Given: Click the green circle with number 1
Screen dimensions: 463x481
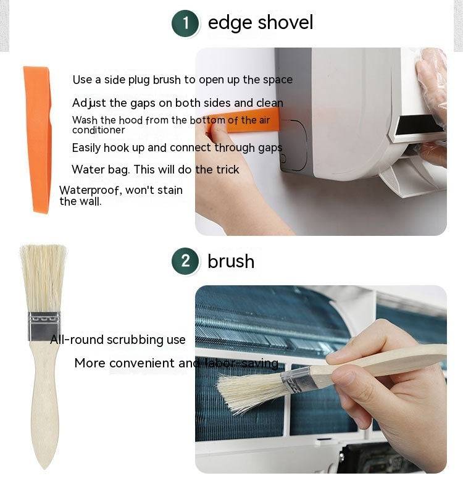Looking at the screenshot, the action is point(185,23).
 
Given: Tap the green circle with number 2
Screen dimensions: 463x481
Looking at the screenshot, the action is point(185,261).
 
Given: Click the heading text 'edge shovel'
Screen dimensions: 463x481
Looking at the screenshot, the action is point(261,23).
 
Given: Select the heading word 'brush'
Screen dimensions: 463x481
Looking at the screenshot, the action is point(231,261).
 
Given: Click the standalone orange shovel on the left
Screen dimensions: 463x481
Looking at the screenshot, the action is point(38,140).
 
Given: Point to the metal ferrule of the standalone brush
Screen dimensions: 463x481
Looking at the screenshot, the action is point(44,327).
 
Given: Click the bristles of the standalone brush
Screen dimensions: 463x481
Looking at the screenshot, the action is point(43,278).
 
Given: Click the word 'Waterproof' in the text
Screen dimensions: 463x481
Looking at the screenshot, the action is point(89,190).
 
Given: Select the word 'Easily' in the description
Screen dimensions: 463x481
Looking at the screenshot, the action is point(86,148).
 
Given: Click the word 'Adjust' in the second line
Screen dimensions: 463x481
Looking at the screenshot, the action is point(89,103).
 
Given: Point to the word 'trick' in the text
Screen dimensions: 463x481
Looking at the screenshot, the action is point(227,169).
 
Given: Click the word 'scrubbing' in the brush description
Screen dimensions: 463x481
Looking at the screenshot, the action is point(133,340).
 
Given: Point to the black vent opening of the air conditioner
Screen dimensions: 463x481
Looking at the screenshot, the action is point(419,125).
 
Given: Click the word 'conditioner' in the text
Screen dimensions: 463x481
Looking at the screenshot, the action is point(98,130).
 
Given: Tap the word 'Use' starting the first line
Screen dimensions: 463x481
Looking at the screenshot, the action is point(82,80).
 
